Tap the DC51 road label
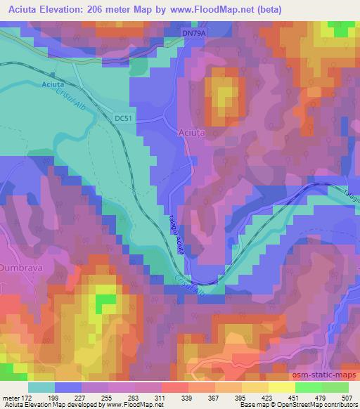[122, 119]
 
